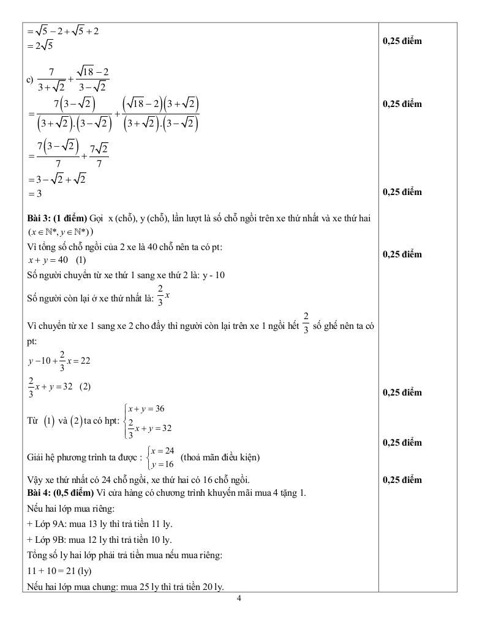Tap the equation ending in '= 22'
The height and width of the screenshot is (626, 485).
[59, 361]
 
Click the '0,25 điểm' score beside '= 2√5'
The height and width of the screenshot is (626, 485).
[402, 41]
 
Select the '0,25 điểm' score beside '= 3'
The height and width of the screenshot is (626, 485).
[402, 192]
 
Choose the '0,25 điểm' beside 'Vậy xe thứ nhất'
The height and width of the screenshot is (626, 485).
[402, 480]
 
